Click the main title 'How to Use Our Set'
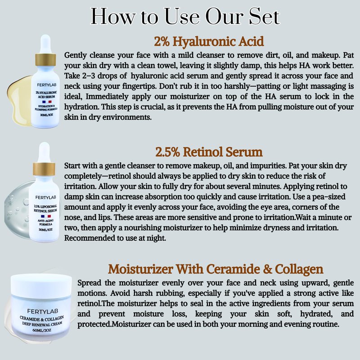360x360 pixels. (x=185, y=16)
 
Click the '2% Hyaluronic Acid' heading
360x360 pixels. (x=209, y=41)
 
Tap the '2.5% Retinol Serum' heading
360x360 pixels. (x=209, y=152)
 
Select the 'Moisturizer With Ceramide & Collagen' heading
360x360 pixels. (x=216, y=269)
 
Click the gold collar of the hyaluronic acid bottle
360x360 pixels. (x=45, y=60)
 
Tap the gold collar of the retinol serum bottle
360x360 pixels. (x=44, y=169)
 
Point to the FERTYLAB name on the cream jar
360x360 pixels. (x=42, y=311)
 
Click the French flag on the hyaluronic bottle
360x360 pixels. (x=47, y=102)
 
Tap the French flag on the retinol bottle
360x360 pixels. (x=46, y=216)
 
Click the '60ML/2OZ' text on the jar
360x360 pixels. (x=42, y=330)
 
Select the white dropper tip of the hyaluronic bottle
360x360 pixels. (x=45, y=44)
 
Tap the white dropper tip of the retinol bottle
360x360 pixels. (x=44, y=152)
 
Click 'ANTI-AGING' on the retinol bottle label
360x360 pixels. (x=46, y=220)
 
